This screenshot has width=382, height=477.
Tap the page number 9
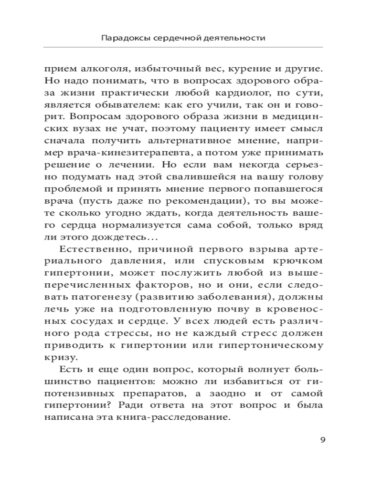(323, 439)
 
